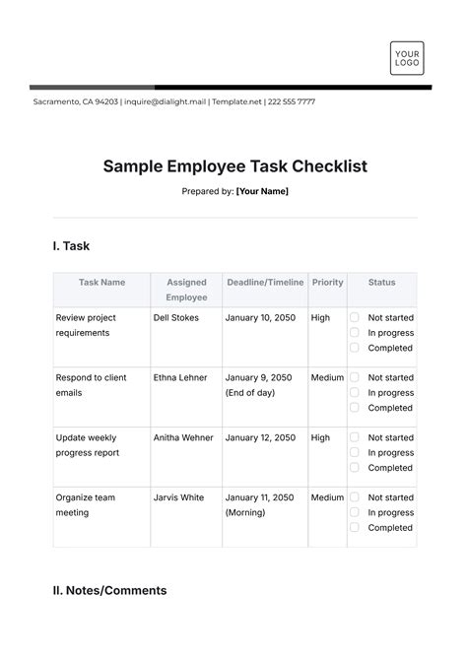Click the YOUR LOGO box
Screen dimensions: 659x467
[x=406, y=57]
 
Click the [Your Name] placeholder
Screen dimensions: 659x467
[x=262, y=191]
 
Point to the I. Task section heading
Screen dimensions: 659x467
[x=71, y=246]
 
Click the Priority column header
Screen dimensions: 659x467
[x=327, y=283]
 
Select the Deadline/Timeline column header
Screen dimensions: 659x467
[x=266, y=283]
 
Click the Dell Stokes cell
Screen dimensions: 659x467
[x=175, y=318]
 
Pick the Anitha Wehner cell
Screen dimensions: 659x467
[x=182, y=437]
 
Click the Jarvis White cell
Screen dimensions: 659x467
[x=178, y=497]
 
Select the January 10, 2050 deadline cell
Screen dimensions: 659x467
[x=260, y=318]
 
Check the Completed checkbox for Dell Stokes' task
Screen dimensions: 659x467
[x=355, y=348]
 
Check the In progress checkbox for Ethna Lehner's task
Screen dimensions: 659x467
[x=355, y=392]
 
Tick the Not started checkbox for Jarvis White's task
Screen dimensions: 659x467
[x=355, y=497]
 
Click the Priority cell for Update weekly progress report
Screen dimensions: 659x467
[x=320, y=437]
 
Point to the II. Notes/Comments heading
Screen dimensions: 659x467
[x=109, y=591]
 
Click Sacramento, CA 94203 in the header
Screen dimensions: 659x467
[x=75, y=101]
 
